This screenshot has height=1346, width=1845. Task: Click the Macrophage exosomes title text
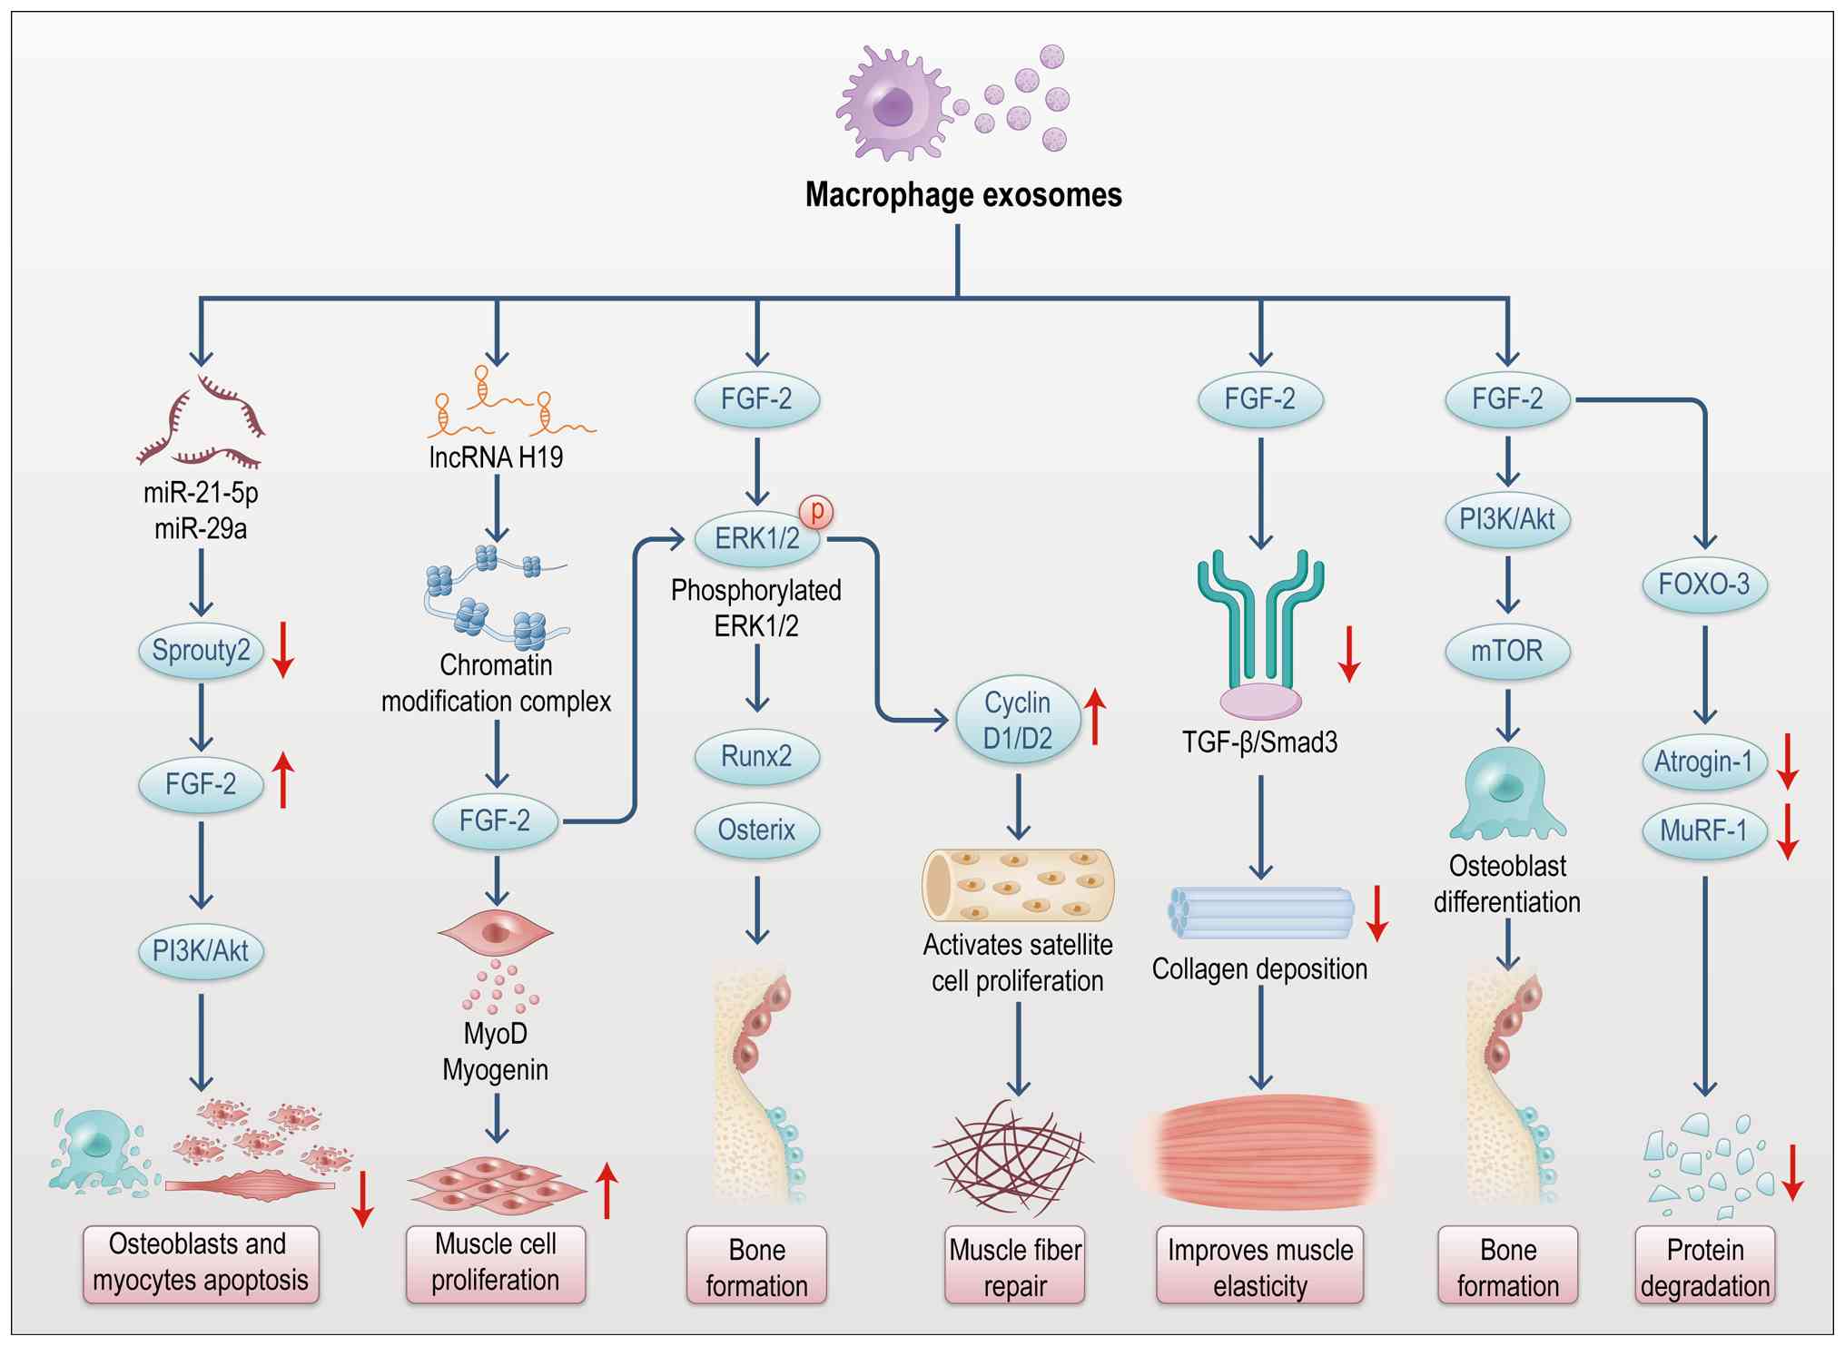[x=963, y=194]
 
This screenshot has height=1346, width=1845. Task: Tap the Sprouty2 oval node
[x=201, y=651]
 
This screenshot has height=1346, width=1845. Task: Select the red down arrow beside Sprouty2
[x=283, y=650]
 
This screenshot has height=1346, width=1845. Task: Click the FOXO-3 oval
[x=1704, y=584]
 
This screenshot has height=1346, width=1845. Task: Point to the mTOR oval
[x=1507, y=651]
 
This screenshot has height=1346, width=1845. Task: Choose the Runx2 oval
[x=756, y=756]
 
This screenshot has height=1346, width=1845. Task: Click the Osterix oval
[x=756, y=830]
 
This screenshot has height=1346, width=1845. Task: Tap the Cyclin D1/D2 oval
[x=1018, y=721]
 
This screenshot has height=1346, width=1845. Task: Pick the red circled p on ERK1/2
[x=816, y=511]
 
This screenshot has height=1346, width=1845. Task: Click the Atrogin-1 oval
[x=1703, y=761]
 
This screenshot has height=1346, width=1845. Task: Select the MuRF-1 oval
[x=1703, y=830]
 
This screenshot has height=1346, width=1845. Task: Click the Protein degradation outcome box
[x=1704, y=1267]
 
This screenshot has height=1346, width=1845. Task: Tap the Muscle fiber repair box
[x=1015, y=1267]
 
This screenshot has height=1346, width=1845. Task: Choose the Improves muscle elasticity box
[x=1259, y=1267]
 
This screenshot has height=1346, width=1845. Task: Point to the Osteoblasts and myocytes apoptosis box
[x=201, y=1262]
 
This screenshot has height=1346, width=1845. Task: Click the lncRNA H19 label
[x=496, y=457]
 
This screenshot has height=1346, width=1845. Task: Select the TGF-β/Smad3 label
[x=1259, y=742]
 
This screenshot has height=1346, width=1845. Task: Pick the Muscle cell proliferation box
[x=496, y=1262]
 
